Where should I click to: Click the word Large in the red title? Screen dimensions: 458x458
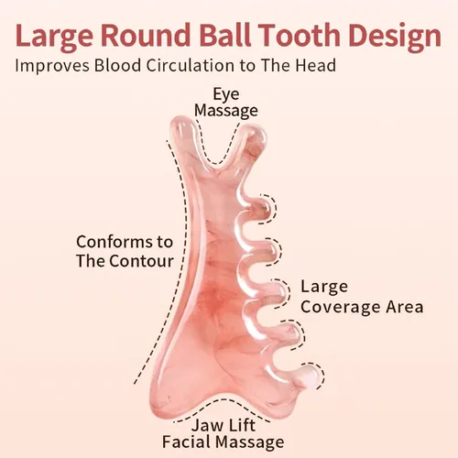54,36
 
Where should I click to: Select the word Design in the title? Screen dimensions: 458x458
395,37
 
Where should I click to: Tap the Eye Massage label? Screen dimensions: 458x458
226,103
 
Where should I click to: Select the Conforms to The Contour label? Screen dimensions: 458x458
125,251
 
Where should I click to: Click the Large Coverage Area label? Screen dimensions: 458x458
362,297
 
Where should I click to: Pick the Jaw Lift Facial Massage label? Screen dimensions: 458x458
224,433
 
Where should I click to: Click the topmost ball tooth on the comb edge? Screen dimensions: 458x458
260,208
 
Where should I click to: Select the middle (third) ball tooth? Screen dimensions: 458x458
277,293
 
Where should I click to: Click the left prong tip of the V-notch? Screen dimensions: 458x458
181,124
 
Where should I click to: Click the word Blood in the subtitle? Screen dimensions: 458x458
117,65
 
